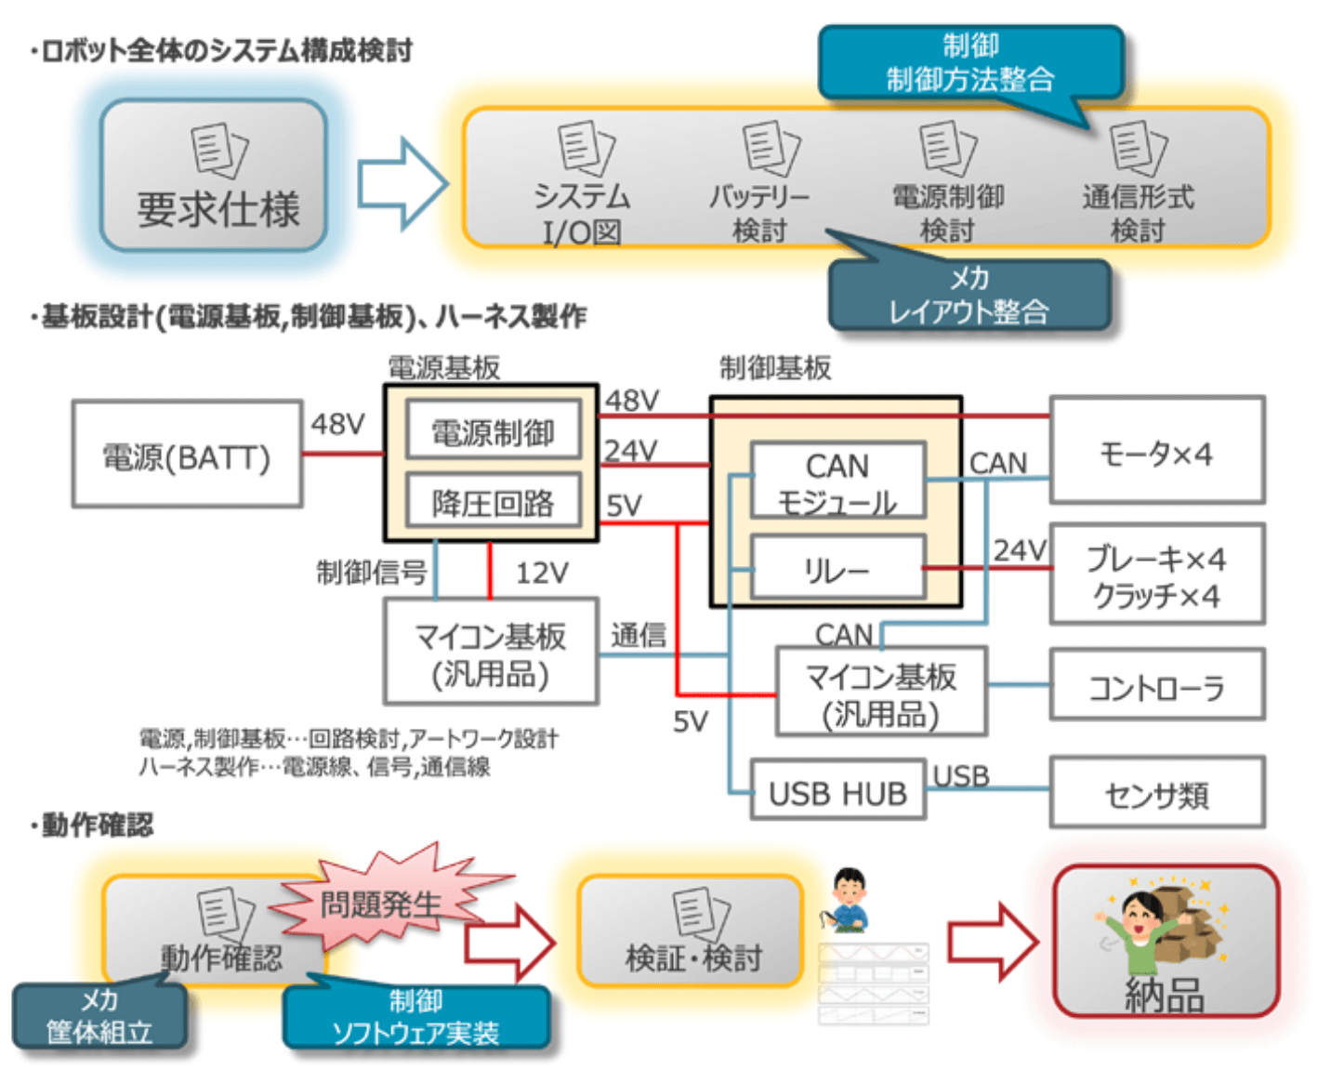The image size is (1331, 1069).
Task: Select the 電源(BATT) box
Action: (187, 455)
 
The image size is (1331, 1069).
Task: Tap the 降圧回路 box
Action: (493, 502)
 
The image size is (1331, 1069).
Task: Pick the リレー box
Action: (837, 567)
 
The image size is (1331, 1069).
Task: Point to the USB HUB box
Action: (837, 792)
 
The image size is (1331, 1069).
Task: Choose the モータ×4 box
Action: (1156, 452)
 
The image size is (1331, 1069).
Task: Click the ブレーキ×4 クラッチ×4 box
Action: (1156, 574)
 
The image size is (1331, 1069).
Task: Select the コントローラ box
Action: (1156, 686)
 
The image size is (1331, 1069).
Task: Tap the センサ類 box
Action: (1156, 793)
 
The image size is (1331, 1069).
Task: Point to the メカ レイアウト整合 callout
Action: (969, 295)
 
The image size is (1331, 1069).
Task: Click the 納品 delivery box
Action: (1166, 941)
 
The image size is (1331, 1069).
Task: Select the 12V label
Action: (542, 573)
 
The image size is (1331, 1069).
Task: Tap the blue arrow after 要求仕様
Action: (402, 183)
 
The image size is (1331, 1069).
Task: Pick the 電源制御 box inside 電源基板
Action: (493, 431)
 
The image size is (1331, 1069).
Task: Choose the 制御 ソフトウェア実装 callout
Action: (415, 1017)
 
